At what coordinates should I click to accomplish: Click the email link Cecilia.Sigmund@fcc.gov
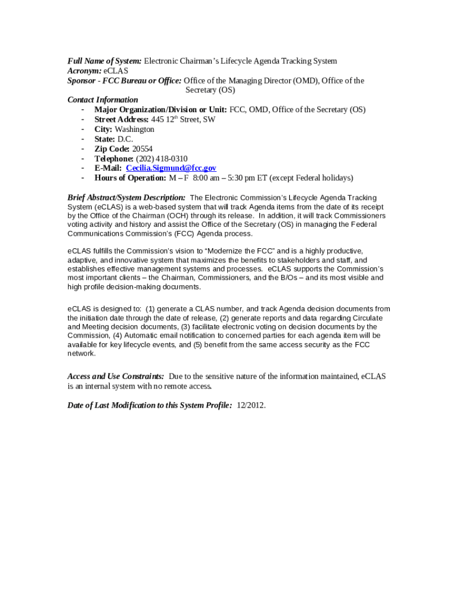coord(170,168)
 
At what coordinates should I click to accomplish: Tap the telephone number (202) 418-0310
coord(162,159)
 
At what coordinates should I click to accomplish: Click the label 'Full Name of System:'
coord(104,61)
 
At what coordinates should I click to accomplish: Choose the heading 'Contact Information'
coord(103,100)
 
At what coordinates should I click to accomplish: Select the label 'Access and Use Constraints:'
coord(116,377)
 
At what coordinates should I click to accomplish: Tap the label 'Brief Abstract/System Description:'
coord(126,198)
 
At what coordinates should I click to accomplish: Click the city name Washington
coord(134,129)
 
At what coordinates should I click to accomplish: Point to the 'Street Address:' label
coord(122,119)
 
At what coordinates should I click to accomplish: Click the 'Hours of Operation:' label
coord(130,178)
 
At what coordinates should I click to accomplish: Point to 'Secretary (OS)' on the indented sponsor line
coord(210,90)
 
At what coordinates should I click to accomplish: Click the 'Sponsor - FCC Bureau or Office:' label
coord(124,81)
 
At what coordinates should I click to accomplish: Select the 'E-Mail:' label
coord(108,168)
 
